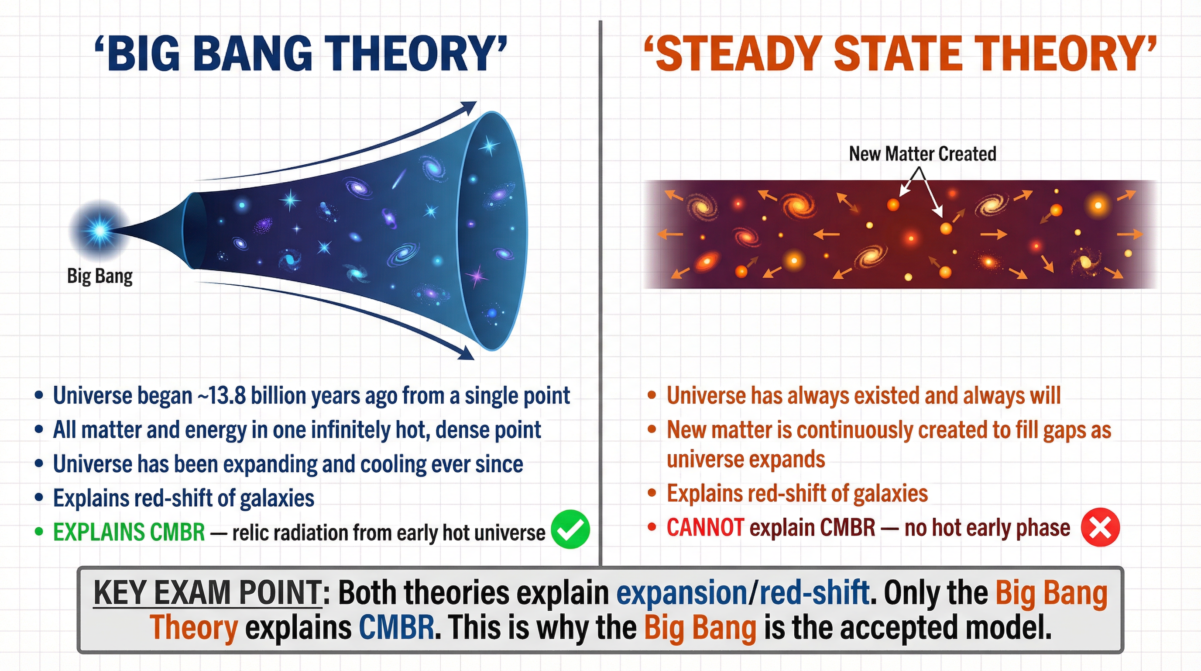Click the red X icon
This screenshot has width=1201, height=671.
pos(1100,527)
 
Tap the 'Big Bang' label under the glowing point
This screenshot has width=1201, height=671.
pos(100,276)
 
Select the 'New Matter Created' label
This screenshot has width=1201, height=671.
pos(922,153)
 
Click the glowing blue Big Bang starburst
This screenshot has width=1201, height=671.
pos(100,230)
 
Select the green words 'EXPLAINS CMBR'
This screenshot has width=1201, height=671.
pos(129,532)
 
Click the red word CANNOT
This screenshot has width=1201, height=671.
pos(705,528)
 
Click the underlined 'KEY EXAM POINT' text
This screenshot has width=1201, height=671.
pos(207,593)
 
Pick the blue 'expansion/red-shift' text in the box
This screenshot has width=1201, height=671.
pos(742,593)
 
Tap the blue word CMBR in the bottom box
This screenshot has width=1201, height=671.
pos(396,627)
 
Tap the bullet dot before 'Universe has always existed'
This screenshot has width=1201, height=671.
pos(652,396)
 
